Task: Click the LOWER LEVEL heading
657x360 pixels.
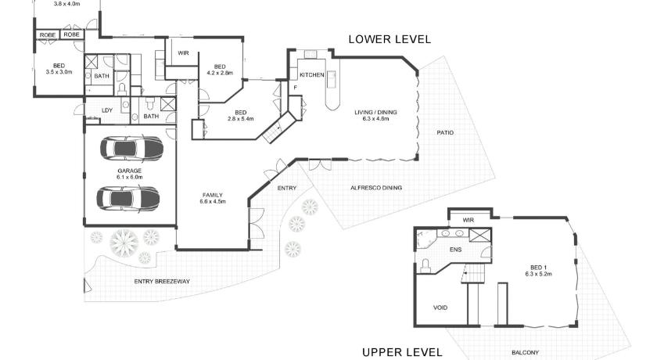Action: pos(390,39)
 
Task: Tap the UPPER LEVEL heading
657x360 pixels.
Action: pos(402,352)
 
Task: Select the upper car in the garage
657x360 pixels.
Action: pos(131,149)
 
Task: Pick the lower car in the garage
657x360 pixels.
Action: pos(128,198)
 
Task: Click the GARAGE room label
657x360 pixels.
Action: pos(130,171)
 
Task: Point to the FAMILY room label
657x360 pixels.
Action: pos(213,196)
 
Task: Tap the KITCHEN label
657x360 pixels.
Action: pos(312,75)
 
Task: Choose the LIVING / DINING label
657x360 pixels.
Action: pos(376,113)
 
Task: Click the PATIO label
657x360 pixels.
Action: pos(445,133)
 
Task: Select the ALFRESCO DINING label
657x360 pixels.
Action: pos(376,188)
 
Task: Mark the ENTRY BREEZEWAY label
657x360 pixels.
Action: pos(162,282)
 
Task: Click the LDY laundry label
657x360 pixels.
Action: pos(107,110)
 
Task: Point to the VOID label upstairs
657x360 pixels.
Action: pos(440,308)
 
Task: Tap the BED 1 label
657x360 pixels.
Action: pos(538,268)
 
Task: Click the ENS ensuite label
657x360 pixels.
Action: pos(456,250)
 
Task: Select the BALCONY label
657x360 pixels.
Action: pos(525,353)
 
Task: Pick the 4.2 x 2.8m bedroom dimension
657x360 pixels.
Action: pos(220,73)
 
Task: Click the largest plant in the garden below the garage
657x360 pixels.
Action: pos(124,243)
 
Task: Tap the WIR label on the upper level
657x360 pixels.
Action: pos(468,221)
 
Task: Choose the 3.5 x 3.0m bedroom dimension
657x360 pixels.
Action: pos(59,72)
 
